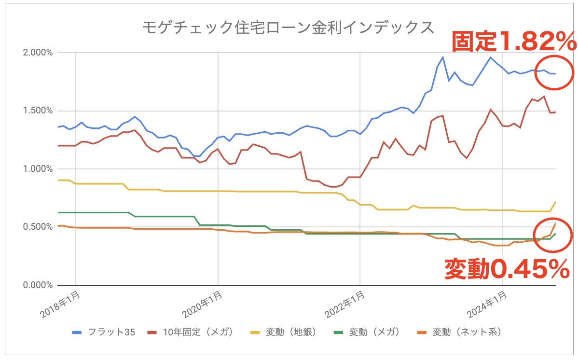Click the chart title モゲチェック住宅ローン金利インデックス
288,28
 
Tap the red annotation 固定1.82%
513,42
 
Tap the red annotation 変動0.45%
506,269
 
